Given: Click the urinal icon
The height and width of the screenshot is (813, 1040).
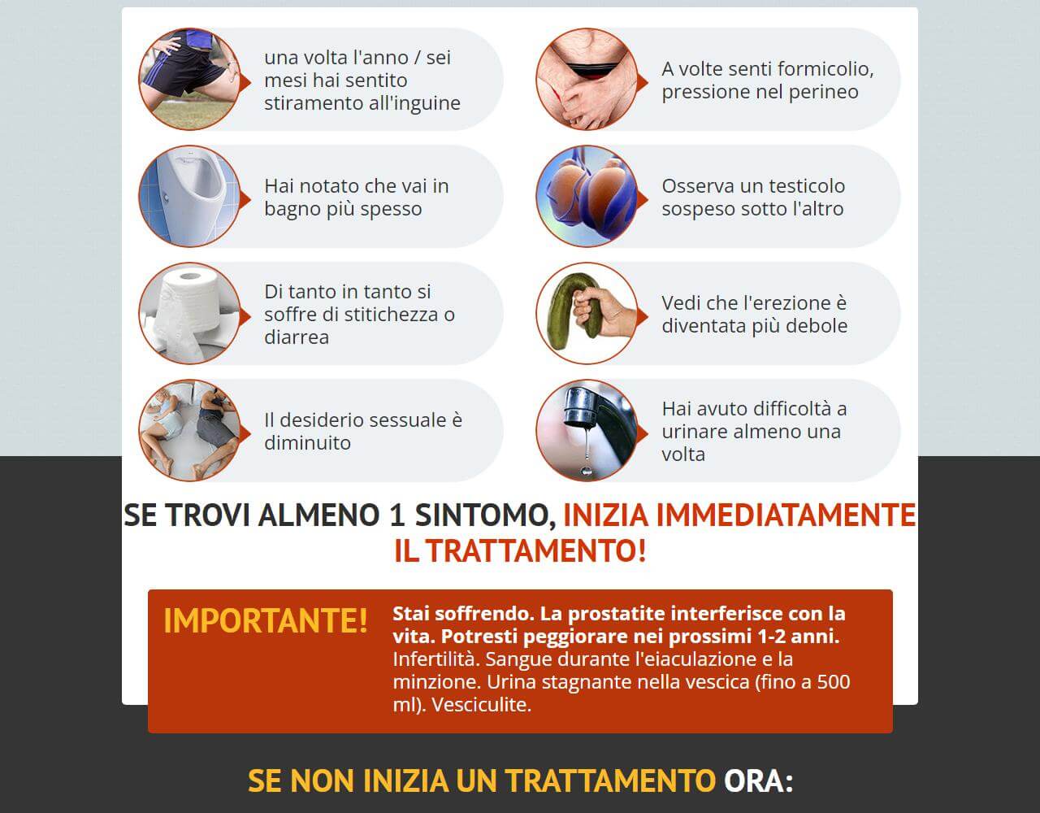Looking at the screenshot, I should pos(189,196).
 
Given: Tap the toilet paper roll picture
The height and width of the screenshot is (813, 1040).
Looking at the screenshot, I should pos(189,313).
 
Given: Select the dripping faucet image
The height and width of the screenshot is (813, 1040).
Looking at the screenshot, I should pos(587,430).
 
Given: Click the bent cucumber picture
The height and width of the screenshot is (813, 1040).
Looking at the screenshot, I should pos(587,313).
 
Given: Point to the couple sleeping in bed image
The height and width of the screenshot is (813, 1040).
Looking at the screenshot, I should pos(189,430).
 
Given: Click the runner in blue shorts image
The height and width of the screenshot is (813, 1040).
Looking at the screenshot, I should pos(189,79).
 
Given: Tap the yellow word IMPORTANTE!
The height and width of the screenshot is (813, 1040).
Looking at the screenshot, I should pos(266,620).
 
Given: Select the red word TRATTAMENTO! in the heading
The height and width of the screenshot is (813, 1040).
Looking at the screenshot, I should pos(535,551).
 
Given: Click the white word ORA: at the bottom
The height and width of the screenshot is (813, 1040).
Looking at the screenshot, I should pos(758,781).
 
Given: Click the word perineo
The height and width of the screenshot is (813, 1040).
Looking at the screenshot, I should pos(820,92).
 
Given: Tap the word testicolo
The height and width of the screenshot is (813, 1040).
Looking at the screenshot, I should pos(804,186).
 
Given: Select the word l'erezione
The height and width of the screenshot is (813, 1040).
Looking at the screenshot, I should pos(770,303).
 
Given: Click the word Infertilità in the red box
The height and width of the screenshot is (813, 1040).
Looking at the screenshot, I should pos(434,659).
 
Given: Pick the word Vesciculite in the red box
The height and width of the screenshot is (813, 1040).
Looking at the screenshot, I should pos(481,704).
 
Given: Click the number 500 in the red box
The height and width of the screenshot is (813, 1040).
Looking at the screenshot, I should pos(834,681).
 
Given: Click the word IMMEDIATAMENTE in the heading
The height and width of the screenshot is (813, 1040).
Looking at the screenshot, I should pos(739,515).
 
